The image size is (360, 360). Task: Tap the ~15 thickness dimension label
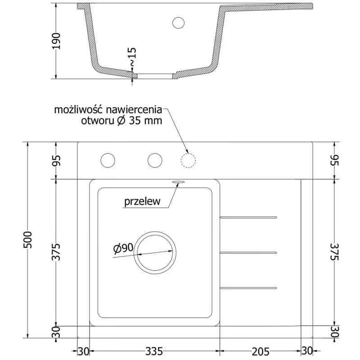(132, 57)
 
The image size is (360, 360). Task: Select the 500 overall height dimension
(28, 240)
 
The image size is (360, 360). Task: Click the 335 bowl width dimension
(154, 351)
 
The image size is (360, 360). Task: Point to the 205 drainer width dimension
(261, 351)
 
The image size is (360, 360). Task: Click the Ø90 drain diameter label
(123, 249)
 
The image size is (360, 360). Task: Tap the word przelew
(142, 202)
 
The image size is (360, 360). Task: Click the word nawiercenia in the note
(134, 110)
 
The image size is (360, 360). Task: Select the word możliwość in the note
(78, 110)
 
